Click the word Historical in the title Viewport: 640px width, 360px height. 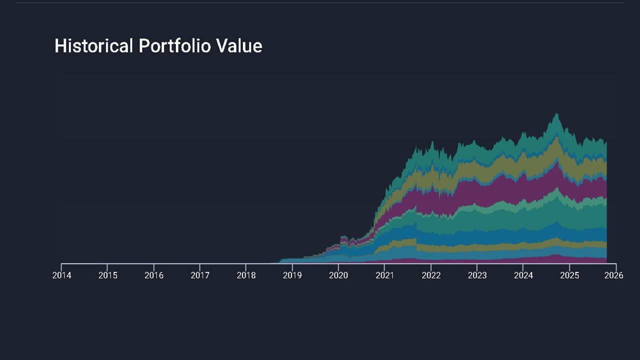(94, 46)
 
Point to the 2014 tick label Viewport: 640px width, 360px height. (61, 275)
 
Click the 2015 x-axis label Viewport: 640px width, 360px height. (107, 275)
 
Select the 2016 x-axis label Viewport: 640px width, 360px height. (154, 275)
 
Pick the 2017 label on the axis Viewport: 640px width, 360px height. (200, 275)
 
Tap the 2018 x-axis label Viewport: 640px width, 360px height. (246, 275)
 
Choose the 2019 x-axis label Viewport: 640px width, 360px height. (292, 275)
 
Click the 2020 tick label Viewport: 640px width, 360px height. (338, 275)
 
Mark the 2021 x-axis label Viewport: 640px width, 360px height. (384, 275)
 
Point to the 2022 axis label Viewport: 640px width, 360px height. (431, 275)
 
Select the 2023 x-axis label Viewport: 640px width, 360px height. (477, 275)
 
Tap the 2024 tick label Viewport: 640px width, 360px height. (523, 275)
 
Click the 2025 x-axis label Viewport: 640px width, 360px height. (569, 275)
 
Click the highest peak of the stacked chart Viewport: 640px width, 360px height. (555, 114)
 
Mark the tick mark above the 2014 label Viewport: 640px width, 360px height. (61, 266)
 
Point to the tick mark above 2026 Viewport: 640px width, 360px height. (616, 266)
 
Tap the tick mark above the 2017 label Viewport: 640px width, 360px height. (200, 266)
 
